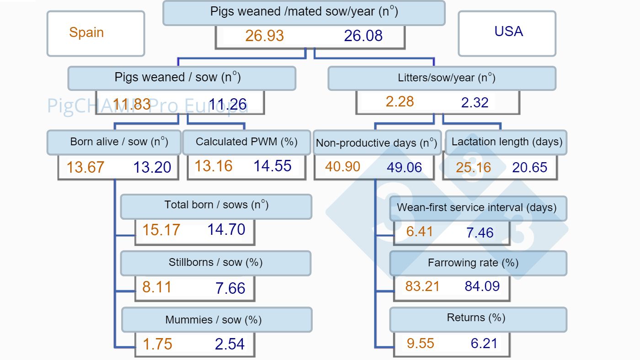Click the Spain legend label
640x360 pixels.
[86, 32]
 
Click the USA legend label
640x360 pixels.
[508, 32]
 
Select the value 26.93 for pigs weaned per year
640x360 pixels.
[264, 36]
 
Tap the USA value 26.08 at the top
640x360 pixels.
[363, 36]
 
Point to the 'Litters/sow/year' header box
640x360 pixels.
[442, 78]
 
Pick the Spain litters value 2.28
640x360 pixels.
[400, 101]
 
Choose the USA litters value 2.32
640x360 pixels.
[475, 102]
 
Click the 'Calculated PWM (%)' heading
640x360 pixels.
[246, 142]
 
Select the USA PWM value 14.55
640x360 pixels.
[272, 166]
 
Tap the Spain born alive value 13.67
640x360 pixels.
[85, 167]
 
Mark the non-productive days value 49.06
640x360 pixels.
[404, 167]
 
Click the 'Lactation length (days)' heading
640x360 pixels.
[507, 142]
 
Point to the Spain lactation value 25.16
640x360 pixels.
[473, 167]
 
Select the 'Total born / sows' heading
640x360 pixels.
[216, 205]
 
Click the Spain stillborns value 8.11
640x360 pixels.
[157, 287]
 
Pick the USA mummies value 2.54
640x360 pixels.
[229, 344]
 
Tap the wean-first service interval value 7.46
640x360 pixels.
[480, 233]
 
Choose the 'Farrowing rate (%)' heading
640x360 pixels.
[473, 263]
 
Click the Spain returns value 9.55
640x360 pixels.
[420, 343]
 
